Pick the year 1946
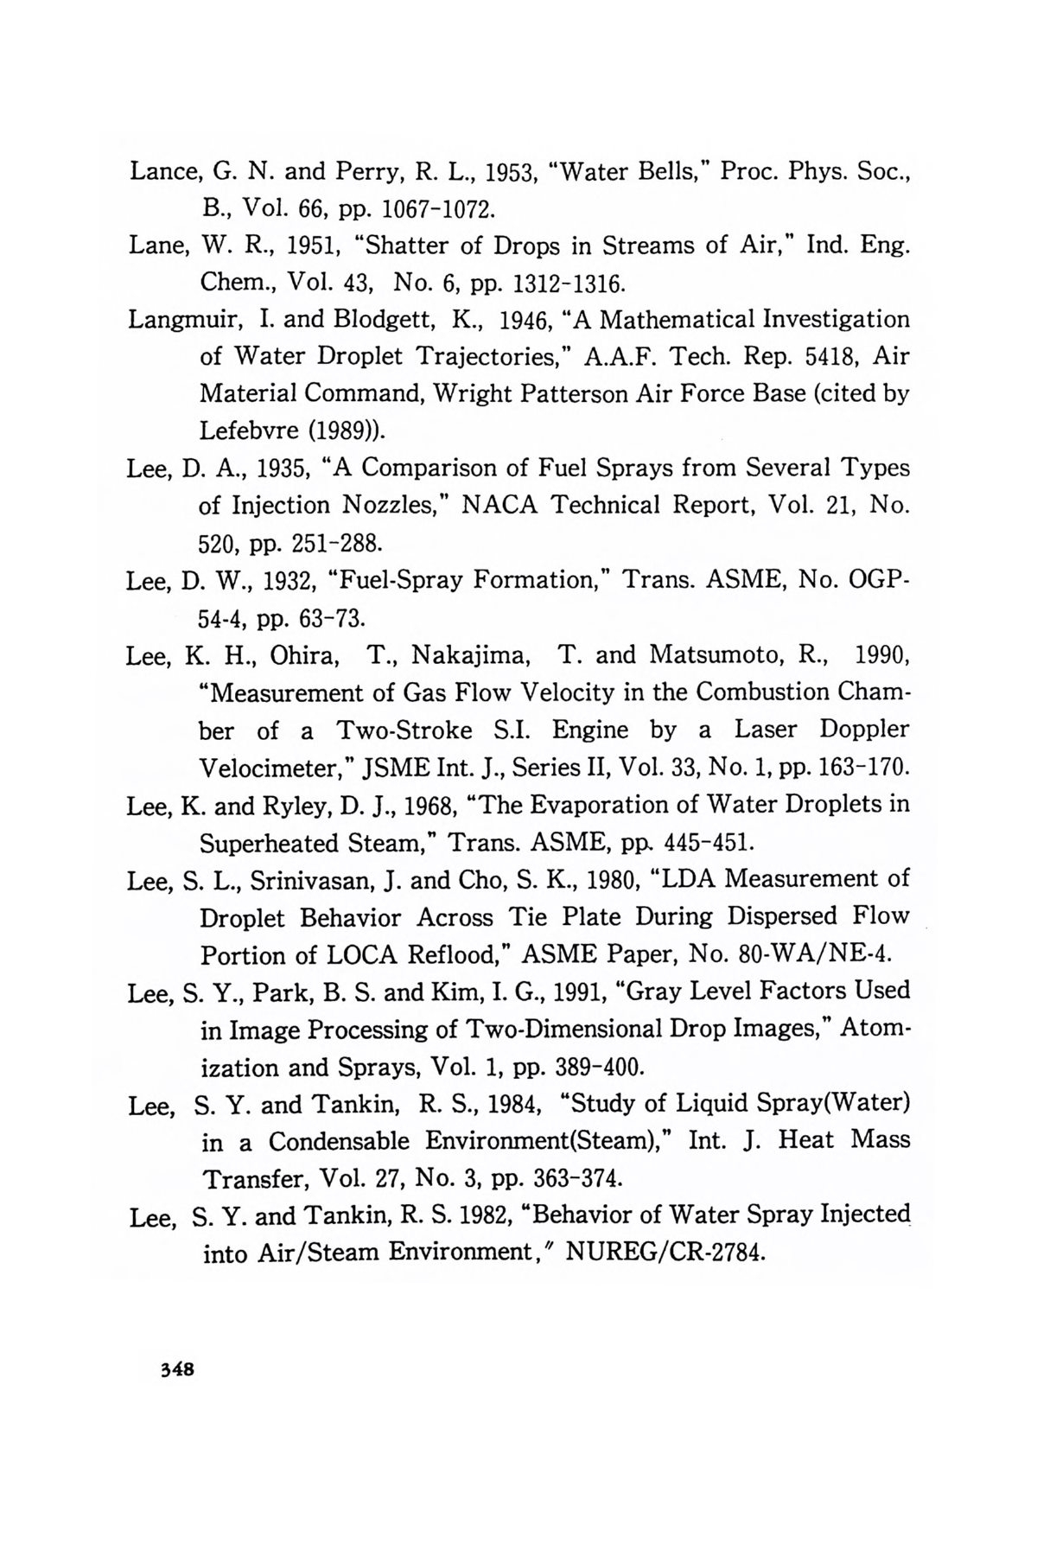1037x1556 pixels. pos(531,320)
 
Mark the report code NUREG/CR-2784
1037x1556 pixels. pos(665,1253)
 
